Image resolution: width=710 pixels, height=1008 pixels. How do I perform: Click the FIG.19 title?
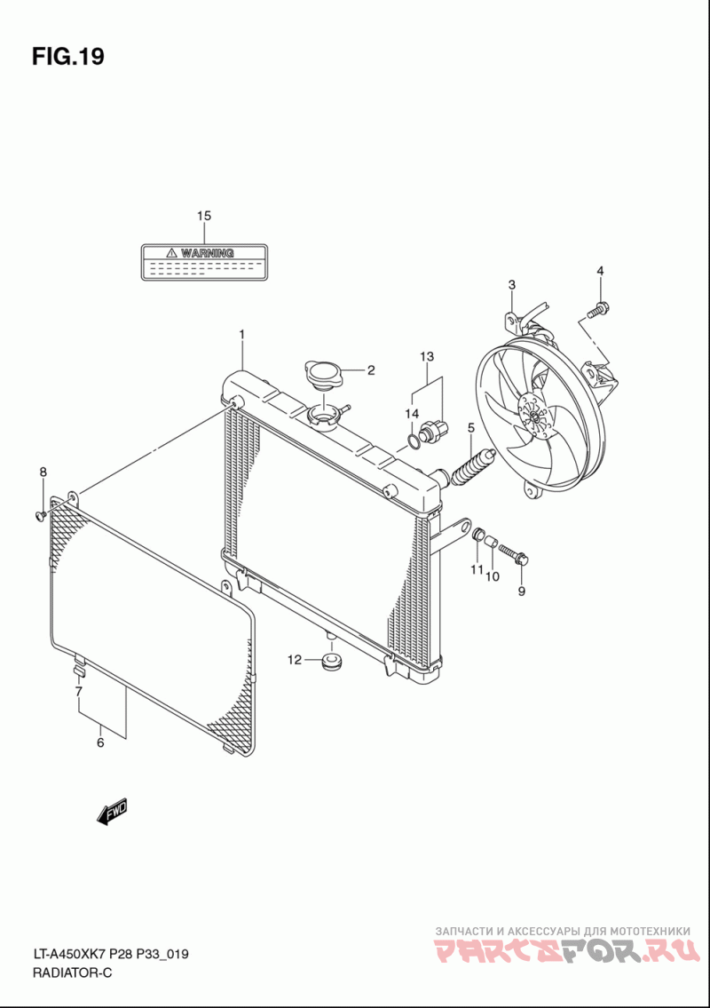tap(68, 57)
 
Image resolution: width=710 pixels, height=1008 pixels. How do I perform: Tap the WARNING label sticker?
tap(204, 264)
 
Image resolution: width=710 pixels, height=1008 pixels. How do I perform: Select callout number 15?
tap(204, 216)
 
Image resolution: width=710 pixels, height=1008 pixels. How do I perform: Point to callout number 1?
tap(241, 334)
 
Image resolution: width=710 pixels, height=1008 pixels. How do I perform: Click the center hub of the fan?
tap(532, 415)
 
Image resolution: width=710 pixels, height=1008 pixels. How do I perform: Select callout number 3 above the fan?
tap(512, 284)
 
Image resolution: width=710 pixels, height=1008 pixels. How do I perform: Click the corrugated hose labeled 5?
tap(470, 466)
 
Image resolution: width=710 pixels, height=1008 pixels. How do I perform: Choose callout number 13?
tap(427, 356)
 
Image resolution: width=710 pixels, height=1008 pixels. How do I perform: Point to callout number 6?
tap(100, 742)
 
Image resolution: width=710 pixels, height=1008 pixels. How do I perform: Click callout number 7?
tap(78, 691)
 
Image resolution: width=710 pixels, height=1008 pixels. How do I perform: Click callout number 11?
tap(477, 569)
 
